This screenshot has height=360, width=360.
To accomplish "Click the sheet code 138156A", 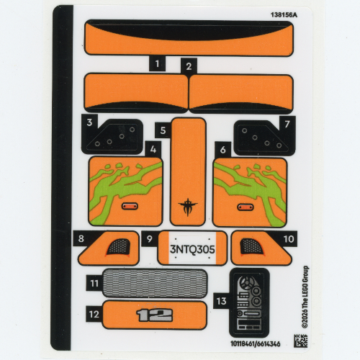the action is tap(284, 15).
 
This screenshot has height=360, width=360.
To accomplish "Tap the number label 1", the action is tap(157, 64).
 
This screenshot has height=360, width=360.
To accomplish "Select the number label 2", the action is tap(189, 66).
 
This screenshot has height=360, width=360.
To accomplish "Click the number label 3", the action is tap(89, 122).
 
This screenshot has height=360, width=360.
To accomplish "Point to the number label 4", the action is tap(153, 150).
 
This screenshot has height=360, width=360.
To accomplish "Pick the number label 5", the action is tap(163, 130).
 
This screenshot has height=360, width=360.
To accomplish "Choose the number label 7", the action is tap(287, 124).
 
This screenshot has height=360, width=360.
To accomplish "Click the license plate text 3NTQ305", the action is tap(192, 249).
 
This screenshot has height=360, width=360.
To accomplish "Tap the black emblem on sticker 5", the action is tap(188, 207).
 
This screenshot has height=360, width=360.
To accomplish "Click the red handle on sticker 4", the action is tap(130, 206).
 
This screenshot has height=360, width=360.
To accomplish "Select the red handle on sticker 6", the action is tap(246, 207).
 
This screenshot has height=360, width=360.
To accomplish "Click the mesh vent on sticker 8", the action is tap(118, 247).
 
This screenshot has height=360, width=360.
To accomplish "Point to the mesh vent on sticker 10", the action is tap(252, 246).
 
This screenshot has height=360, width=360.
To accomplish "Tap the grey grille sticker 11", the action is tap(155, 283).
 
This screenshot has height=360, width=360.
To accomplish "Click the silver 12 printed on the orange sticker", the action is tap(154, 315).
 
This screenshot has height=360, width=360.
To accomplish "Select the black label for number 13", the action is tap(221, 301).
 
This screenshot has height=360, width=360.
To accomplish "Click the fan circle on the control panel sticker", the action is tap(246, 283).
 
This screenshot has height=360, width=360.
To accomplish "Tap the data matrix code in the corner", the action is tap(301, 341).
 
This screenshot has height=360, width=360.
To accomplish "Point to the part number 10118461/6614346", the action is tap(256, 343).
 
